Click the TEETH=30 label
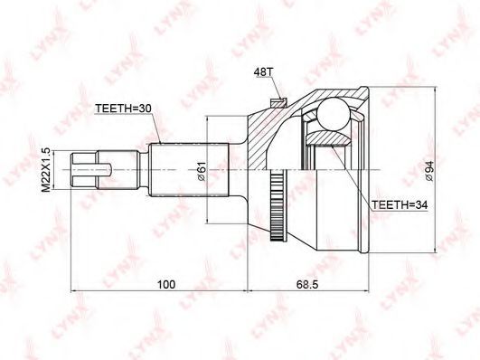123,109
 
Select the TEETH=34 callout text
400,204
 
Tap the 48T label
263,71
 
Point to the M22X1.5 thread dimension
45,169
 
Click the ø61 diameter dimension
202,171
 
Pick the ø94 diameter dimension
429,171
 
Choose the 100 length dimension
166,284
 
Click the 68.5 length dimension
307,284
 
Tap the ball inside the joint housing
334,114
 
